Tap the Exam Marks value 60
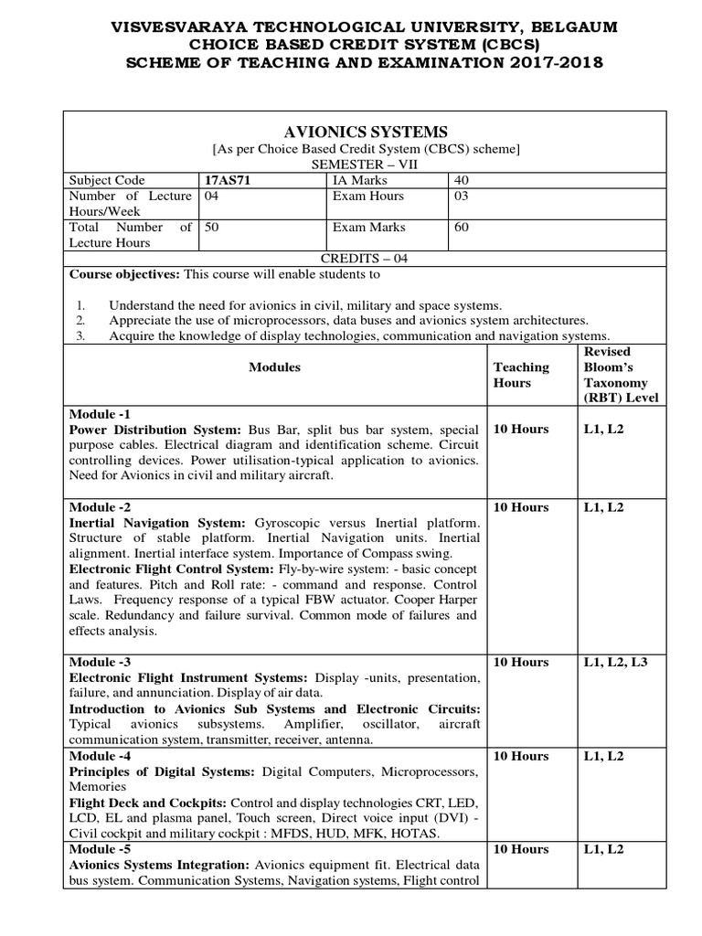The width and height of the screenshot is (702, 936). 462,227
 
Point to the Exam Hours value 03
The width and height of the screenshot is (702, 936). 462,196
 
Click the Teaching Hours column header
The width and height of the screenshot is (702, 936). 521,375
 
